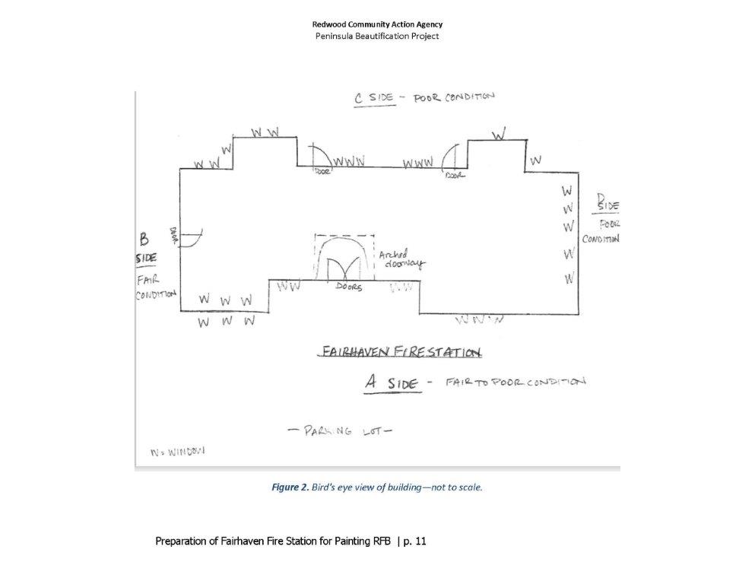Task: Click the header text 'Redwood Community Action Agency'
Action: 377,24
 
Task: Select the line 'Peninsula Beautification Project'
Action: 377,36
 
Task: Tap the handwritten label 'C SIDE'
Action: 375,98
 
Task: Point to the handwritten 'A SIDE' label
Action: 392,382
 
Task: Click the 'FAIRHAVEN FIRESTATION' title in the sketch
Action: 401,352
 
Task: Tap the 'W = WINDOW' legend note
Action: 177,451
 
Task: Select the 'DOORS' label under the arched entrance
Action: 349,288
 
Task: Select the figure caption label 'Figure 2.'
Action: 290,487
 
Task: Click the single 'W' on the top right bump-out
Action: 499,135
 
